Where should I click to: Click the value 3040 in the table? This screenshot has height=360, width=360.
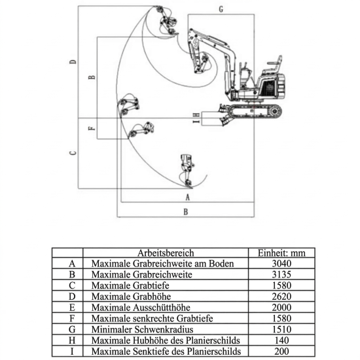tap(281, 263)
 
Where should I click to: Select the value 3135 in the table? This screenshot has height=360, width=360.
tap(281, 274)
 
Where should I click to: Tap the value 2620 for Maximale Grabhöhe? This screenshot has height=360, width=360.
tap(281, 297)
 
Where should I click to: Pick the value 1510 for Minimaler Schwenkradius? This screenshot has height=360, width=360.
tap(281, 329)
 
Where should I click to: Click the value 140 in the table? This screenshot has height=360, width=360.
tap(281, 340)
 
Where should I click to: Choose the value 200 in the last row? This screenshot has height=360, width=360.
tap(281, 351)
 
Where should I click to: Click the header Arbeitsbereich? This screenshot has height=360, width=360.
tap(166, 253)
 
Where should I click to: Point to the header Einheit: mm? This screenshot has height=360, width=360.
tap(281, 253)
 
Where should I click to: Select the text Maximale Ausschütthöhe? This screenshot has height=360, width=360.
tap(141, 308)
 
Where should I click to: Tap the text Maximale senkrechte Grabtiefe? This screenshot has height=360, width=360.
tap(152, 319)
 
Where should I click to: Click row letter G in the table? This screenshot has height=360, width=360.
tap(72, 329)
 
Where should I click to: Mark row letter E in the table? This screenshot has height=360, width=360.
tap(72, 308)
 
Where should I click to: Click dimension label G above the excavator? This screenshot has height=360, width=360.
tap(221, 9)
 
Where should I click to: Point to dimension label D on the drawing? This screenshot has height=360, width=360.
tap(73, 62)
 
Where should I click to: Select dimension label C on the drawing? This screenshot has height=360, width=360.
tap(73, 153)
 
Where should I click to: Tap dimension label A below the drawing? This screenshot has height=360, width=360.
tap(188, 197)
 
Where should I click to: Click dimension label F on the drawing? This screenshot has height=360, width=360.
tap(92, 128)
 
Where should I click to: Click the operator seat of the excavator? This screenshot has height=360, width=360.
tap(274, 65)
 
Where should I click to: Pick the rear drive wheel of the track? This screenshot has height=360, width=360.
tap(275, 111)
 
